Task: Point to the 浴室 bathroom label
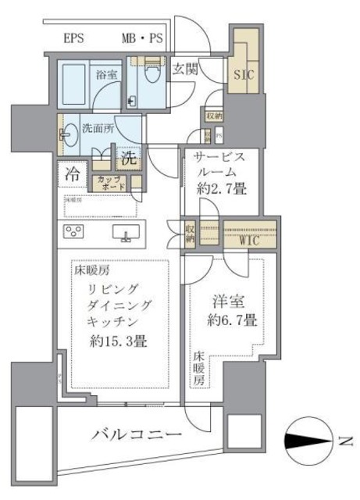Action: [107, 76]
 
